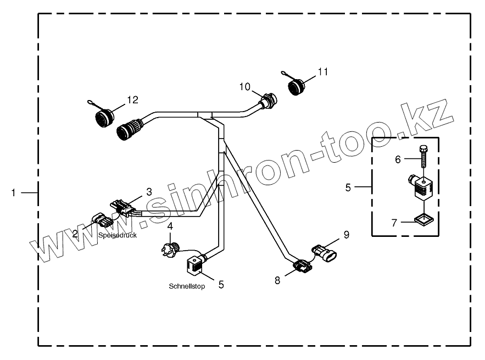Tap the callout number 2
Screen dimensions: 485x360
[x=75, y=233]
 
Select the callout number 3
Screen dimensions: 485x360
[x=148, y=191]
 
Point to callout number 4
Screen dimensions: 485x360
[x=170, y=226]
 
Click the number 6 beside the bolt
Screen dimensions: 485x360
[x=398, y=159]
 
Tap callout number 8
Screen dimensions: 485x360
[x=277, y=280]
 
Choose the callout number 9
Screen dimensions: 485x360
[x=346, y=235]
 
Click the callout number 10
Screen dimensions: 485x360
[x=244, y=87]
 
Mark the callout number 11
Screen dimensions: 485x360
[x=322, y=71]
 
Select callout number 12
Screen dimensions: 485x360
[x=132, y=99]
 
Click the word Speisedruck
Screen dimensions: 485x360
[x=118, y=235]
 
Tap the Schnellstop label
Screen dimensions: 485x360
[x=187, y=286]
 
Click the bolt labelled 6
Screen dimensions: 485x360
[x=423, y=157]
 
